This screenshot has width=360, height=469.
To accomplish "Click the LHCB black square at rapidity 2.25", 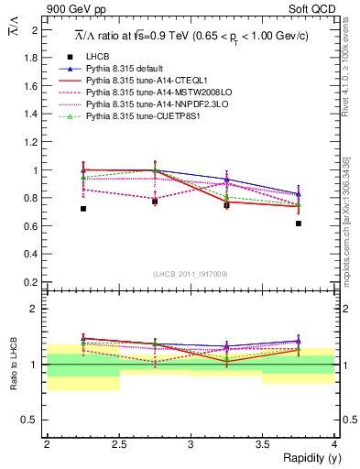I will (x=82, y=209).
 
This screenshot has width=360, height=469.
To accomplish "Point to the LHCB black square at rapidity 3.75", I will (x=299, y=224).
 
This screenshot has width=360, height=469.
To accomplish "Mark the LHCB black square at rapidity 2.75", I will (x=155, y=202).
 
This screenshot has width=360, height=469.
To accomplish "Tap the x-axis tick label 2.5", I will (x=118, y=443).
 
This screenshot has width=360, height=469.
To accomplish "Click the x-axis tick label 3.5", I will (x=262, y=443).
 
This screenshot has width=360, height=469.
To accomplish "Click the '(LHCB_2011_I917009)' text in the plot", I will (x=191, y=274).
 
